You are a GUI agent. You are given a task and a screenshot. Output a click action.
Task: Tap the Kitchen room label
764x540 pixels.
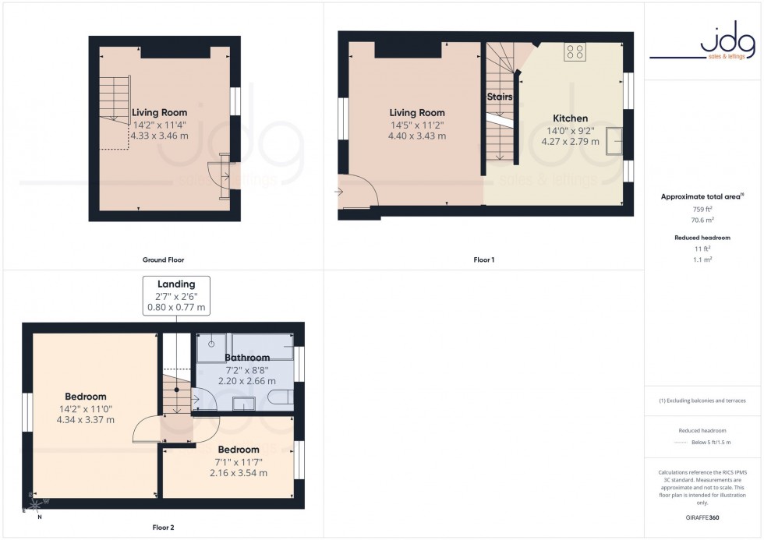point(571,118)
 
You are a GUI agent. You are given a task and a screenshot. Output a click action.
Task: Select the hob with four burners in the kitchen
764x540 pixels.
point(576,52)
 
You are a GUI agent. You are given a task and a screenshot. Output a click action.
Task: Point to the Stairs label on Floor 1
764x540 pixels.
point(500,97)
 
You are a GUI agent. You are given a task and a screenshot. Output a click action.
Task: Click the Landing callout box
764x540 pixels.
point(175,295)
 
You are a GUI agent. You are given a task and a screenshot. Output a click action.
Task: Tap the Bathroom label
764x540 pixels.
point(247,358)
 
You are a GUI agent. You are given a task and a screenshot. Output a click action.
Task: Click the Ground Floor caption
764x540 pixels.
point(164,259)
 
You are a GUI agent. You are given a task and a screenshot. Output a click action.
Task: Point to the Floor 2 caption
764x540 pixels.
point(163,528)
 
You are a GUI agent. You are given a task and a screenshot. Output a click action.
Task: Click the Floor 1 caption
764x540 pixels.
point(483,259)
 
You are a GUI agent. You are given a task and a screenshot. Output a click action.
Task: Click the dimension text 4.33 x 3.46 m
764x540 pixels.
point(159,136)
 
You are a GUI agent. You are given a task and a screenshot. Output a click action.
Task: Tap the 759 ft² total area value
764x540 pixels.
point(703,210)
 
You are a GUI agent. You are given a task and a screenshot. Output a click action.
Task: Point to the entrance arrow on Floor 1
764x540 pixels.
point(340,190)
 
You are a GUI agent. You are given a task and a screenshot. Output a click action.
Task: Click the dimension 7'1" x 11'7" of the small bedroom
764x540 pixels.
point(238,461)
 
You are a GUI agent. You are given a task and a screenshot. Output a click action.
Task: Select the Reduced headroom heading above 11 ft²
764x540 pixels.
point(703,237)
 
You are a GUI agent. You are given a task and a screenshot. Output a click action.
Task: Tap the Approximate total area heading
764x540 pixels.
point(702,196)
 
